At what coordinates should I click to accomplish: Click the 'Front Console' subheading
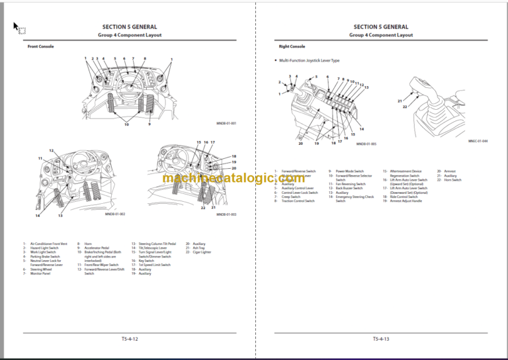(x=40, y=46)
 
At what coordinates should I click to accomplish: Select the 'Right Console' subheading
(x=292, y=46)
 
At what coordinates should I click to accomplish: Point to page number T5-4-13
(x=380, y=339)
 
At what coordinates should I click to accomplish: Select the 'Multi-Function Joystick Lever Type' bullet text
(x=310, y=60)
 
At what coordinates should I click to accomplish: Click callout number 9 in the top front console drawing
(x=149, y=124)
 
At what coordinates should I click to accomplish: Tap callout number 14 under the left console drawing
(x=38, y=216)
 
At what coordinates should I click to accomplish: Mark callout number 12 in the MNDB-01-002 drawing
(x=51, y=151)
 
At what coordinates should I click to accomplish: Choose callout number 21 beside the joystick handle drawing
(x=400, y=101)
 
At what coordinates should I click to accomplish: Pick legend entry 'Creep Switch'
(x=291, y=196)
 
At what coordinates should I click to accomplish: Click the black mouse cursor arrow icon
(x=17, y=26)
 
